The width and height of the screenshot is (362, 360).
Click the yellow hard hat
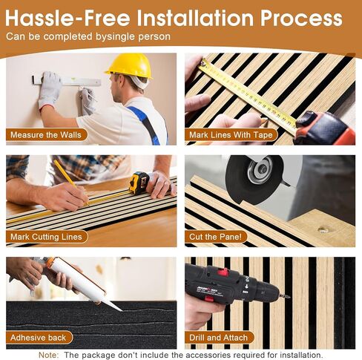point(129,65)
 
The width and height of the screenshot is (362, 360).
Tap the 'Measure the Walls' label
point(46,135)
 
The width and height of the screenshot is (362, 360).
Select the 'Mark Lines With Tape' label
point(231,135)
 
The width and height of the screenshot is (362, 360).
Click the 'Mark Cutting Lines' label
point(47,237)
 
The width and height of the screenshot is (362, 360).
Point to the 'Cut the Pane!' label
point(216,237)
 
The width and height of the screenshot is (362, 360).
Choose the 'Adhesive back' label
point(39,338)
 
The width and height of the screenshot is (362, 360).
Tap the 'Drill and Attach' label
point(219,338)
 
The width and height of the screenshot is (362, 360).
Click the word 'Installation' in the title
point(195,18)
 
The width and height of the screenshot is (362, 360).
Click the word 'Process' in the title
point(301,19)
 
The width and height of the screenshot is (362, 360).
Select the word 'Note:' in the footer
point(49,355)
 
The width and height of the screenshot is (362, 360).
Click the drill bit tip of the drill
point(289,296)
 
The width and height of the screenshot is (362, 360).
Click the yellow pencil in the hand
point(70,182)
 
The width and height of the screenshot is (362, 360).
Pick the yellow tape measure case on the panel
point(139,183)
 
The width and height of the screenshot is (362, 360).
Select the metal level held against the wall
point(67,80)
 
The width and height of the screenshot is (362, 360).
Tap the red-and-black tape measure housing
point(325,128)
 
